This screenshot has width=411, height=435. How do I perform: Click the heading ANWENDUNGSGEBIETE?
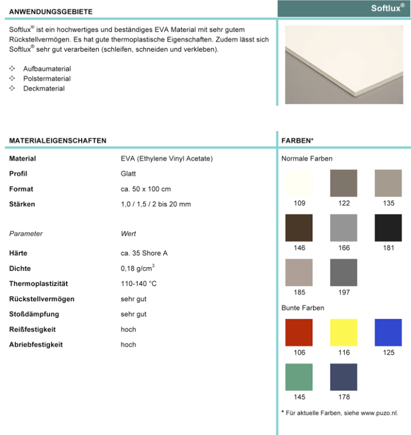coord(51,11)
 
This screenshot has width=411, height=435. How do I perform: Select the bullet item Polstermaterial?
coord(47,79)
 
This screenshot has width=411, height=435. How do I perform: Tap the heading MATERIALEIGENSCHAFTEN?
coord(58,140)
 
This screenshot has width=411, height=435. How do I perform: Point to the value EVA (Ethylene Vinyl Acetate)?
coord(167,159)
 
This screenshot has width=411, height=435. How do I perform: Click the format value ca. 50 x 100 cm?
coord(146,189)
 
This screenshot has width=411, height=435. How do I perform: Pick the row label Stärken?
coord(22,204)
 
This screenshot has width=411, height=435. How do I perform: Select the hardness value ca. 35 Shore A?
coord(144,254)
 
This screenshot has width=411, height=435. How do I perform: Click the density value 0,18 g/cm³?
coord(138,268)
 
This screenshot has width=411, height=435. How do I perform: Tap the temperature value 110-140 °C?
coord(138,284)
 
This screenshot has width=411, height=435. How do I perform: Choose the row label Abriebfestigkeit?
coord(36,344)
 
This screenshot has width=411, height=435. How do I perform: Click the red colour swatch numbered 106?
coord(299,332)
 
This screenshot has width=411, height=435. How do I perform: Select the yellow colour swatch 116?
coord(344,332)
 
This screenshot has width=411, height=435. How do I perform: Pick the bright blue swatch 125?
coord(388,332)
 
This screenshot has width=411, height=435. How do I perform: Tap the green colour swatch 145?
coord(299,377)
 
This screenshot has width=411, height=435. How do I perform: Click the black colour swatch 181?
coord(388,227)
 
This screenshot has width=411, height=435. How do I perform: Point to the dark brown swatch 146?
coord(299,227)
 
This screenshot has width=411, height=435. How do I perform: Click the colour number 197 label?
coord(344,293)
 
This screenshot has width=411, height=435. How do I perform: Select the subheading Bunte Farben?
coord(303,308)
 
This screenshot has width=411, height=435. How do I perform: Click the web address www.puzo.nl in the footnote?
coord(379,413)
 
